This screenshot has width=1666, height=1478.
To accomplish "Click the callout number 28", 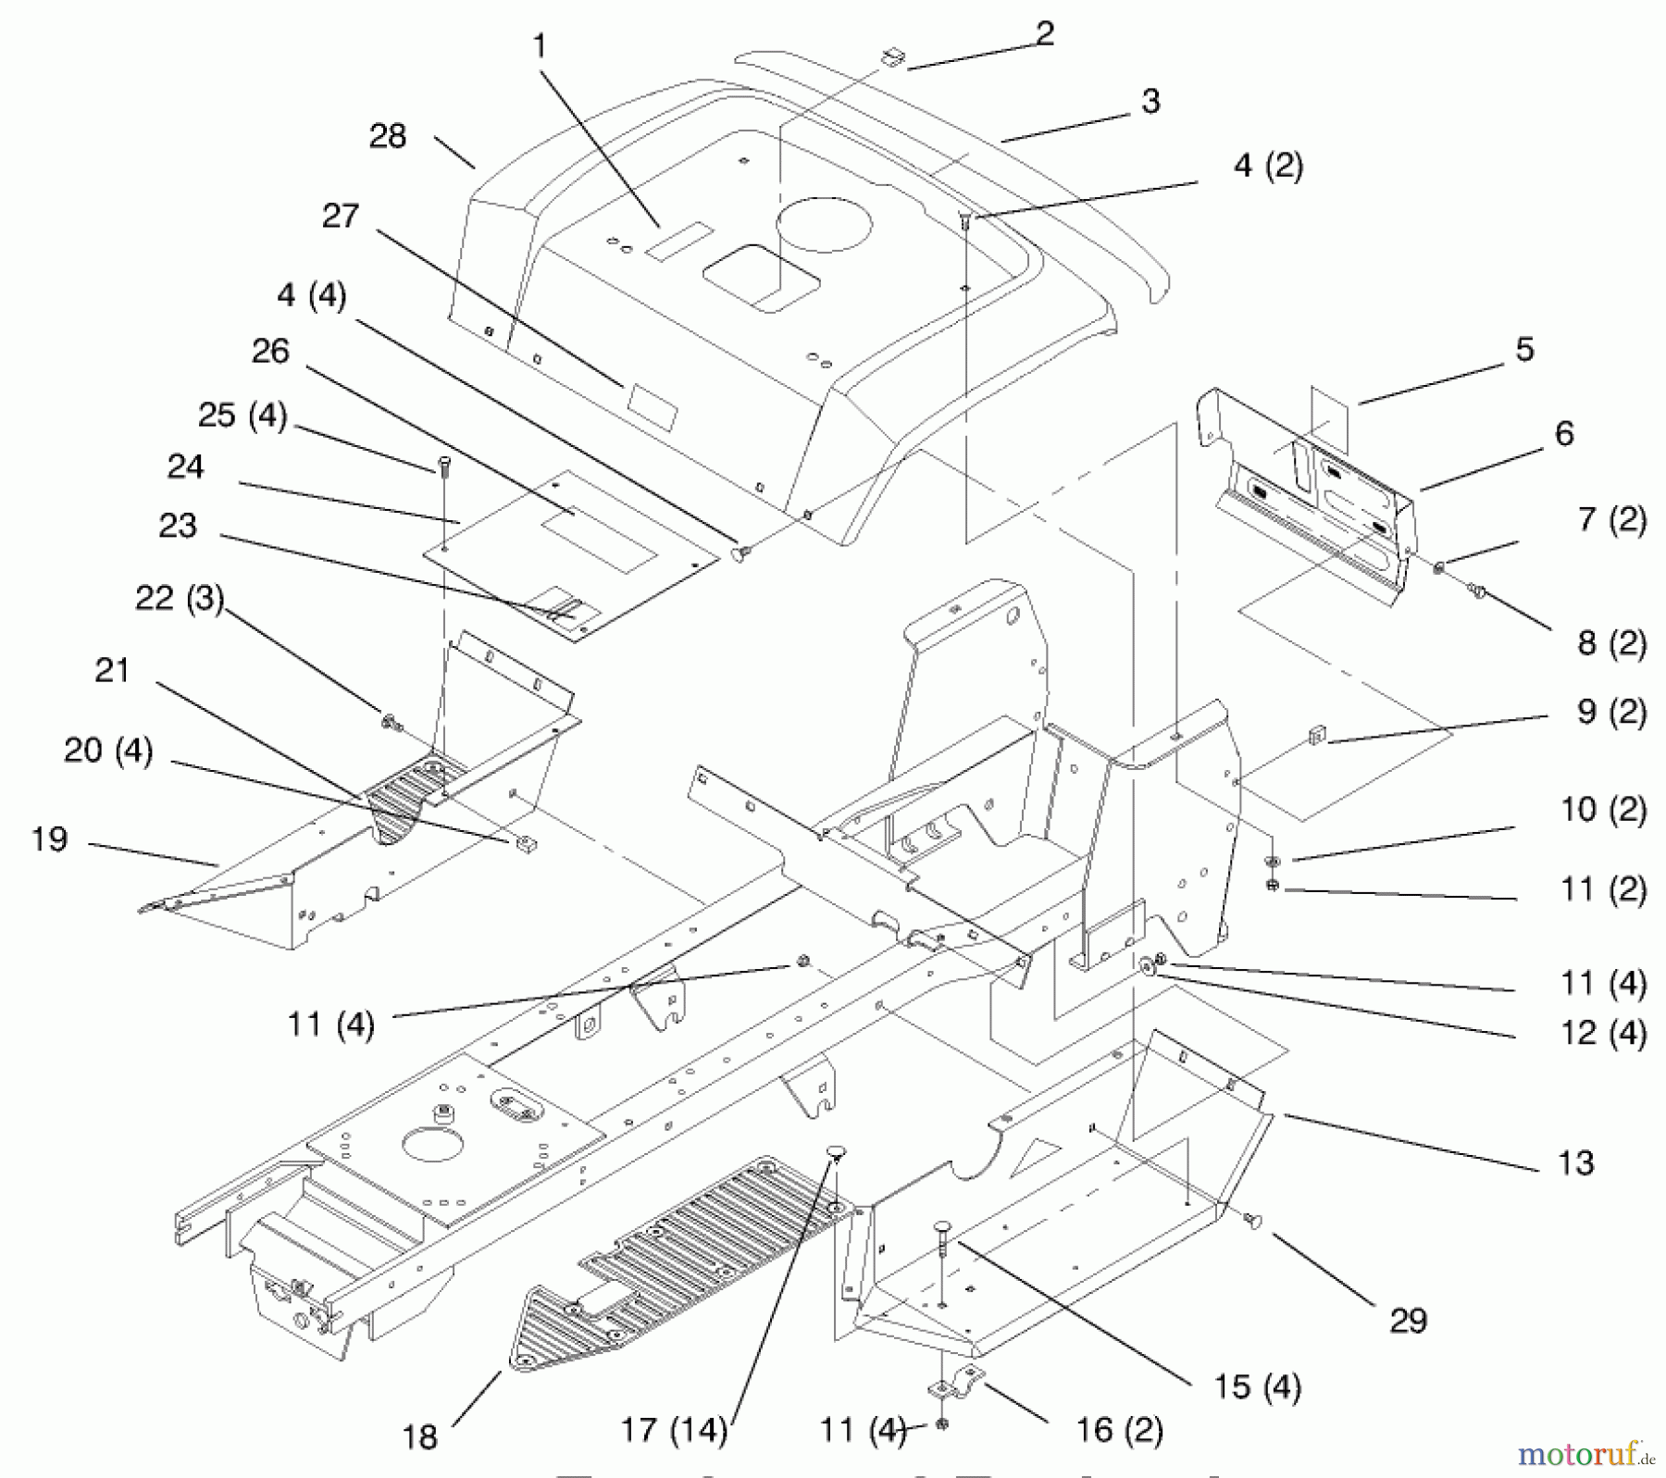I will pyautogui.click(x=387, y=136).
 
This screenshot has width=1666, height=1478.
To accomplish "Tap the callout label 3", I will pyautogui.click(x=1150, y=101).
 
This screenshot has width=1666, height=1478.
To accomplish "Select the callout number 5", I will pyautogui.click(x=1524, y=349).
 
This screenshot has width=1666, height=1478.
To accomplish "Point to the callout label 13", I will pyautogui.click(x=1575, y=1161).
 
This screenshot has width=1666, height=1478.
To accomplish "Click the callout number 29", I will pyautogui.click(x=1408, y=1320).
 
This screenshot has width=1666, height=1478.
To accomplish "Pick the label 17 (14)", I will pyautogui.click(x=674, y=1430).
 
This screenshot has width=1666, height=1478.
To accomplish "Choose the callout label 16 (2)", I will pyautogui.click(x=1118, y=1430).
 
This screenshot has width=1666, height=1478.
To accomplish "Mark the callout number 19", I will pyautogui.click(x=49, y=838).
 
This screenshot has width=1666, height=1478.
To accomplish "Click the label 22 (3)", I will pyautogui.click(x=180, y=598).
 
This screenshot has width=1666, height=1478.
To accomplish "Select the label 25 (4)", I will pyautogui.click(x=242, y=415).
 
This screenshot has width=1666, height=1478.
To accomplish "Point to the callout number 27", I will pyautogui.click(x=340, y=216).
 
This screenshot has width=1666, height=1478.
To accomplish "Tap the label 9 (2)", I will pyautogui.click(x=1611, y=712).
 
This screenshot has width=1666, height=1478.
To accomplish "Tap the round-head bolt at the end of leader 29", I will pyautogui.click(x=1254, y=1222).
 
